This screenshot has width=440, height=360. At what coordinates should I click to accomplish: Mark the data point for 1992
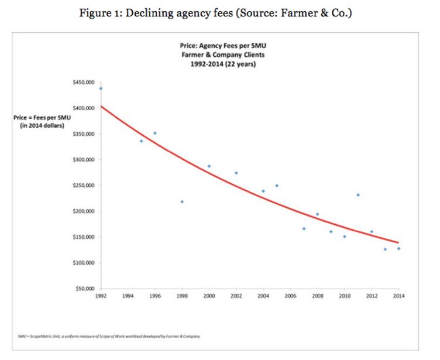(101, 88)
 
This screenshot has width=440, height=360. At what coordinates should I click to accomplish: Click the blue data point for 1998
(182, 201)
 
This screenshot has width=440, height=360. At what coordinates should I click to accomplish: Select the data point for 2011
(358, 195)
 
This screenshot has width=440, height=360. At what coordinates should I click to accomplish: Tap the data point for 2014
(398, 249)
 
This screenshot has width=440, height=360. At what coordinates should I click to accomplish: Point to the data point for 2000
(209, 166)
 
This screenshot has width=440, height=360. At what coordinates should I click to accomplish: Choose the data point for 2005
(277, 186)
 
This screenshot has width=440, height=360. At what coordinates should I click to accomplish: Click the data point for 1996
(155, 133)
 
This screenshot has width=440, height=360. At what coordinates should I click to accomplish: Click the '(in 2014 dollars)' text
(42, 126)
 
